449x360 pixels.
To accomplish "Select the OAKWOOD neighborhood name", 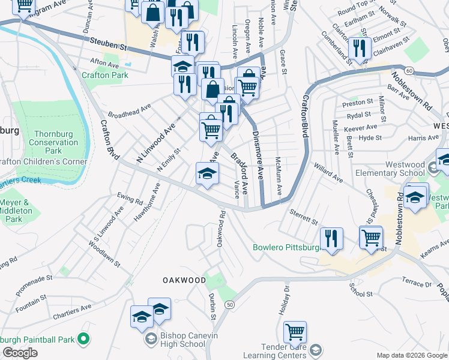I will (181, 280).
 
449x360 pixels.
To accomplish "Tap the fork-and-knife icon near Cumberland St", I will (359, 49).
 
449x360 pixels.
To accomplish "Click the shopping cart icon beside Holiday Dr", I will (295, 332).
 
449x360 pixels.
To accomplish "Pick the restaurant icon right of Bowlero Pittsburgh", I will (331, 239).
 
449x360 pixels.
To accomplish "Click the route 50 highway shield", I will (230, 305).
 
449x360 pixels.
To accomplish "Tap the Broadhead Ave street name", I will (129, 112).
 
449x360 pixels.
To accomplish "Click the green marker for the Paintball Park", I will (83, 340).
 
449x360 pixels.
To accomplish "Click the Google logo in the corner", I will (20, 353).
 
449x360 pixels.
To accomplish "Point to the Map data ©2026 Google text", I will (411, 355).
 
